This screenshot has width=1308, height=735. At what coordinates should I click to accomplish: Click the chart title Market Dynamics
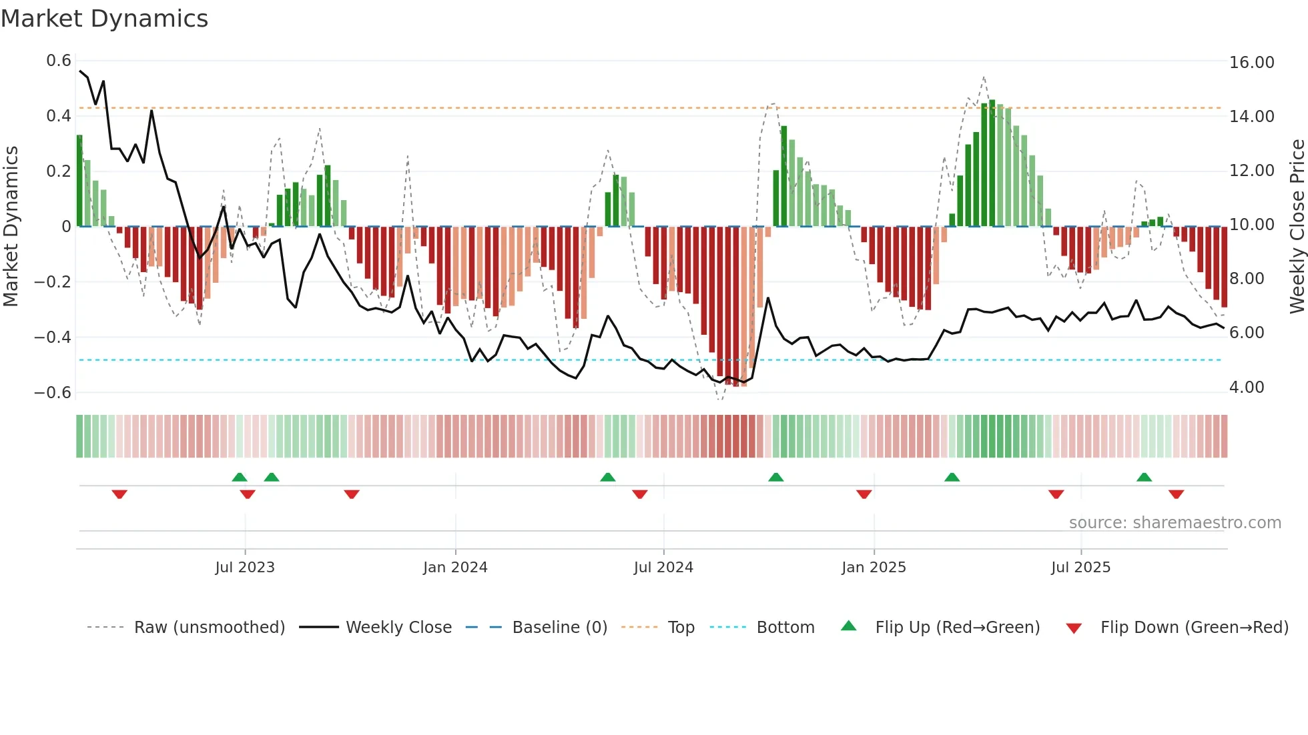(104, 19)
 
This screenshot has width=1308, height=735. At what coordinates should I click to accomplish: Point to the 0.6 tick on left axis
(58, 61)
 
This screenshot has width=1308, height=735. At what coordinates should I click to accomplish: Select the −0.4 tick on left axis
(52, 337)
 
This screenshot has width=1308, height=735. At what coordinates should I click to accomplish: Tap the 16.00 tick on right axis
(1251, 63)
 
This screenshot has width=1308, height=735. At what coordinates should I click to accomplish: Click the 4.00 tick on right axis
(1246, 388)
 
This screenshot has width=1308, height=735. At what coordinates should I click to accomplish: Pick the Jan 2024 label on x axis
(455, 568)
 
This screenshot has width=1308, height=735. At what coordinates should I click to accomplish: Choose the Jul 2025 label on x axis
(1080, 568)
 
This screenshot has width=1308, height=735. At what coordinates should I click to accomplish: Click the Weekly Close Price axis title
(1297, 227)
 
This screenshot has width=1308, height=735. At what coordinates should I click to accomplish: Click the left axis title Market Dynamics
(11, 227)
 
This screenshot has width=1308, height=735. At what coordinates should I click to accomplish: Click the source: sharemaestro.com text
(1175, 523)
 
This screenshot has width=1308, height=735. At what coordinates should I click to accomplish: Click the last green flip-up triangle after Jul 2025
(1144, 477)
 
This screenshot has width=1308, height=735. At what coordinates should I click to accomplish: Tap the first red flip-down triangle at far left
(119, 494)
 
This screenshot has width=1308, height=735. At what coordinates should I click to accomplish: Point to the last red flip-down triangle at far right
(1176, 494)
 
